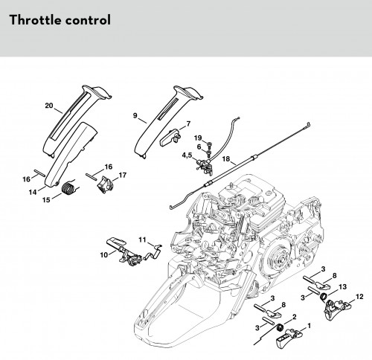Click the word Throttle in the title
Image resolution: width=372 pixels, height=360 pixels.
click(x=34, y=20)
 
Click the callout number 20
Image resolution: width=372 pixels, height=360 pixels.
click(x=49, y=106)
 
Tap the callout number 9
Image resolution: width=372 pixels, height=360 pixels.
click(x=135, y=115)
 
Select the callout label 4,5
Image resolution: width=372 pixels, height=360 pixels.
click(x=187, y=155)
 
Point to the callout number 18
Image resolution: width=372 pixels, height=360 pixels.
click(x=226, y=158)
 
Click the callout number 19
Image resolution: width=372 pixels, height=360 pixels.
click(x=198, y=138)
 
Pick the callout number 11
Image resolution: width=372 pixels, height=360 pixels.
click(x=142, y=240)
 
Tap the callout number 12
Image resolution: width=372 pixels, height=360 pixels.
click(x=359, y=297)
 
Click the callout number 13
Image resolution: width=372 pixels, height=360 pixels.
click(x=342, y=287)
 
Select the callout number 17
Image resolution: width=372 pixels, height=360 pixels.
click(x=123, y=175)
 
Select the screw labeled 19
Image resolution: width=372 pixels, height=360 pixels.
click(x=208, y=144)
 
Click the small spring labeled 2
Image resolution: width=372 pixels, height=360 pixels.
click(x=280, y=328)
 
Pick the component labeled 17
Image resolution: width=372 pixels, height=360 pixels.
click(x=106, y=184)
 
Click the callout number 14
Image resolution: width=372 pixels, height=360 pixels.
click(x=33, y=192)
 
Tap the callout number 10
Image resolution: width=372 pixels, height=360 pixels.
click(x=104, y=254)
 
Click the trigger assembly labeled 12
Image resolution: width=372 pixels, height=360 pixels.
click(x=338, y=309)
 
